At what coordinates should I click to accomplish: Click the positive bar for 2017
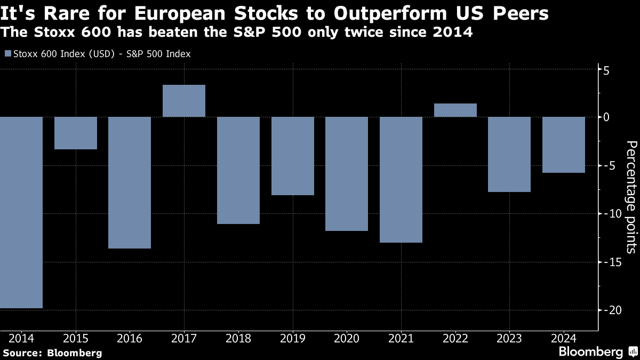tap(184, 101)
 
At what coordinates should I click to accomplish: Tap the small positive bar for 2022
tap(455, 110)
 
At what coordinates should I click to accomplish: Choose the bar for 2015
tap(76, 133)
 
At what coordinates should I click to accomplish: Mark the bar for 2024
tap(564, 145)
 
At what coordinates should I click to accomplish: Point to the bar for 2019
tap(292, 156)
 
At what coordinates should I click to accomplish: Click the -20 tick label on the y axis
tap(610, 310)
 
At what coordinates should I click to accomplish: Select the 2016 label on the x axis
tap(130, 338)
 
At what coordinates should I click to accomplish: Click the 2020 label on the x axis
tap(347, 338)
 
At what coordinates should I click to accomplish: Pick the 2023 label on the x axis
tap(509, 338)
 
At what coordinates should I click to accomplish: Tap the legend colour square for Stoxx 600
tap(7, 54)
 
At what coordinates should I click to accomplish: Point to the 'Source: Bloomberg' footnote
tap(52, 353)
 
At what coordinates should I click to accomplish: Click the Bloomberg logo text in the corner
tap(590, 351)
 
